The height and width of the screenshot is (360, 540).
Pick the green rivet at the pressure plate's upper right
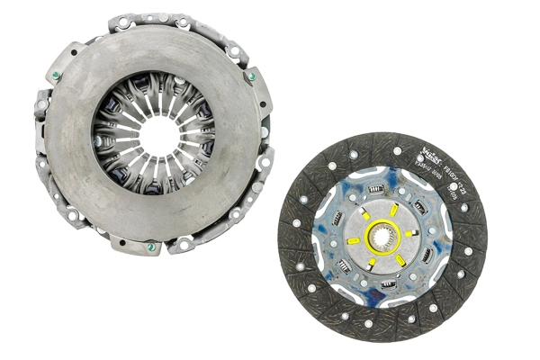[x=252, y=77]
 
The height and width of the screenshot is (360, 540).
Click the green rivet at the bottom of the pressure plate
[x=150, y=247]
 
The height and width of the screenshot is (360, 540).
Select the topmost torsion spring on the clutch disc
[x=379, y=188]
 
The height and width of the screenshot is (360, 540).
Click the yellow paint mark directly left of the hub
[x=354, y=240]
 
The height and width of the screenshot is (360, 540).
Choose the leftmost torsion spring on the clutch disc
[x=335, y=218]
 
